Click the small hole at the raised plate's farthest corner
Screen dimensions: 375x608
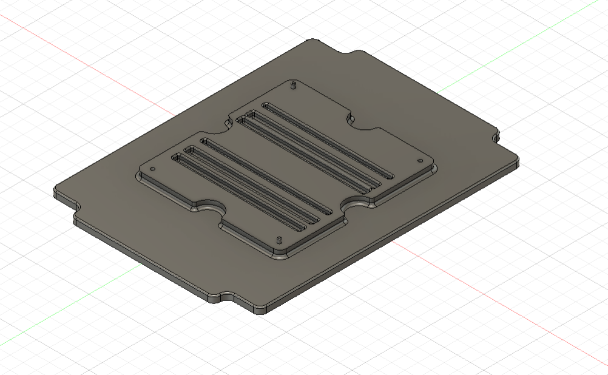[x=294, y=84]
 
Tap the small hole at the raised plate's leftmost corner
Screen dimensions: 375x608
[x=152, y=169]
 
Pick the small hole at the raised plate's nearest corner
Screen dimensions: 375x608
[x=279, y=238]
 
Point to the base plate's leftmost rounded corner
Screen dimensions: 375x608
[x=56, y=191]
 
